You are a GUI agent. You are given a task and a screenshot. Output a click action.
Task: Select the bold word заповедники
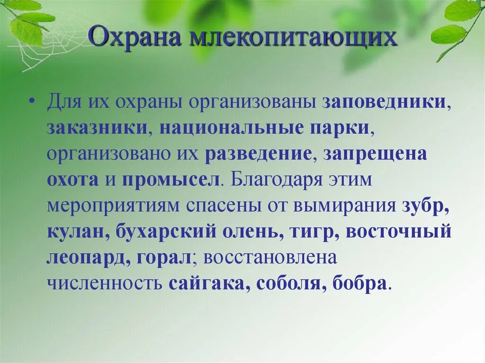click(384, 103)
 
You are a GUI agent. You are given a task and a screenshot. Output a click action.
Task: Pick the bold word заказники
click(97, 129)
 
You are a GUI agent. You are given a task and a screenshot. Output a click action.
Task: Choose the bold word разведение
click(258, 154)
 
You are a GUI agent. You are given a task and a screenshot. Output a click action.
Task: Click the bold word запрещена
click(376, 154)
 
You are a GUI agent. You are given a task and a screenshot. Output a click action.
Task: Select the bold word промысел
click(171, 180)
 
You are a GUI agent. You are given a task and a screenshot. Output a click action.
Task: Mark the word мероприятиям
click(113, 206)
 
